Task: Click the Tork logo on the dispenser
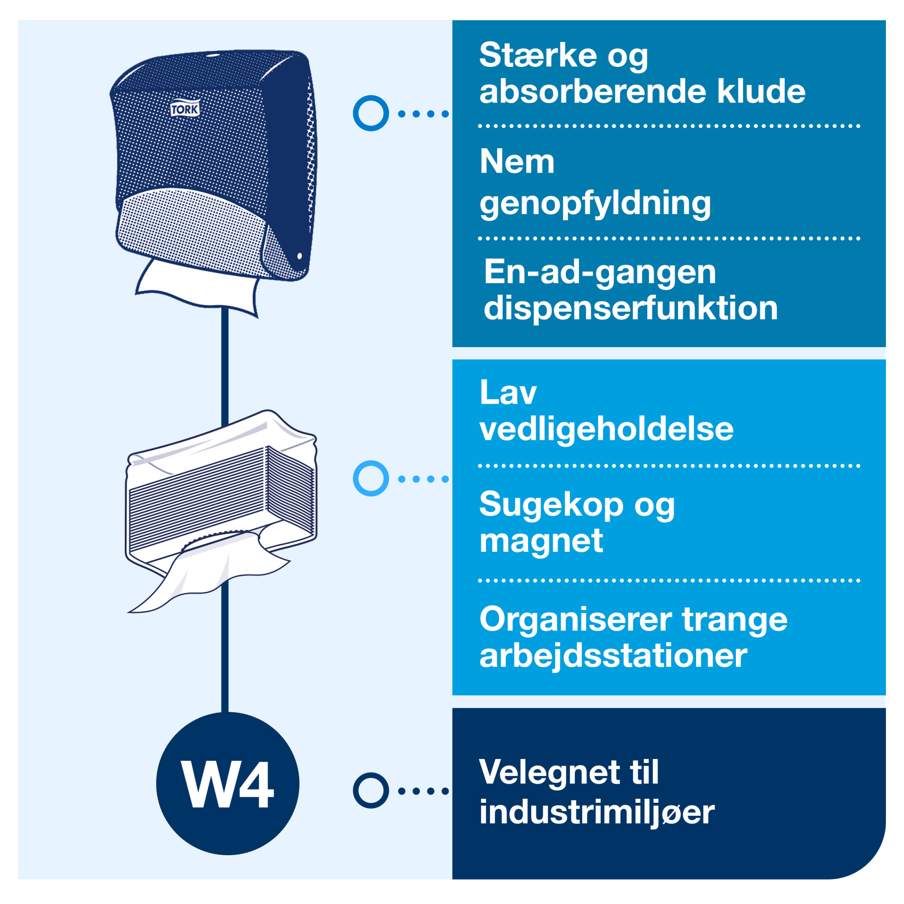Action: click(x=185, y=109)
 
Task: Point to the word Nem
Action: click(x=517, y=161)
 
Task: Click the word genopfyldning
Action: click(x=595, y=203)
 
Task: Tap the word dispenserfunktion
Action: click(x=630, y=308)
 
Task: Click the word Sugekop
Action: click(x=551, y=504)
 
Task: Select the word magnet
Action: click(x=541, y=541)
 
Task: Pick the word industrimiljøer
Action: click(x=597, y=812)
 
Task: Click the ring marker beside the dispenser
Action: click(x=371, y=113)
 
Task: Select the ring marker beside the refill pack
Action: click(x=371, y=478)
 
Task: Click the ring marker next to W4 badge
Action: click(x=371, y=790)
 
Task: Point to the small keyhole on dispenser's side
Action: click(x=300, y=256)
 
